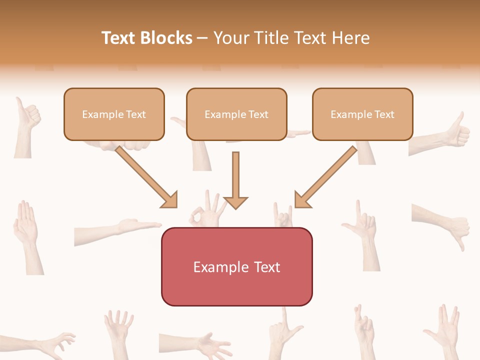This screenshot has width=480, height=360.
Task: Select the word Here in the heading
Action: [x=349, y=38]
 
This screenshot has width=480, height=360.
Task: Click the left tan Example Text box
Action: [x=114, y=114]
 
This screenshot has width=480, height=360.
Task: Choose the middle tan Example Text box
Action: [x=236, y=114]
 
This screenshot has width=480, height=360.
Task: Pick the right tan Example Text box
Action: [x=362, y=114]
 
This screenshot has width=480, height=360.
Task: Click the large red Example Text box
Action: [x=236, y=266]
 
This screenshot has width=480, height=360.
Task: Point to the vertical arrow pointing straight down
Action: [x=235, y=180]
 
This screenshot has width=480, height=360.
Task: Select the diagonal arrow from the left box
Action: [x=147, y=177]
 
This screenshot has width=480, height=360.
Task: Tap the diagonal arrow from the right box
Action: [x=325, y=177]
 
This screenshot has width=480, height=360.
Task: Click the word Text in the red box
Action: [x=267, y=267]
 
